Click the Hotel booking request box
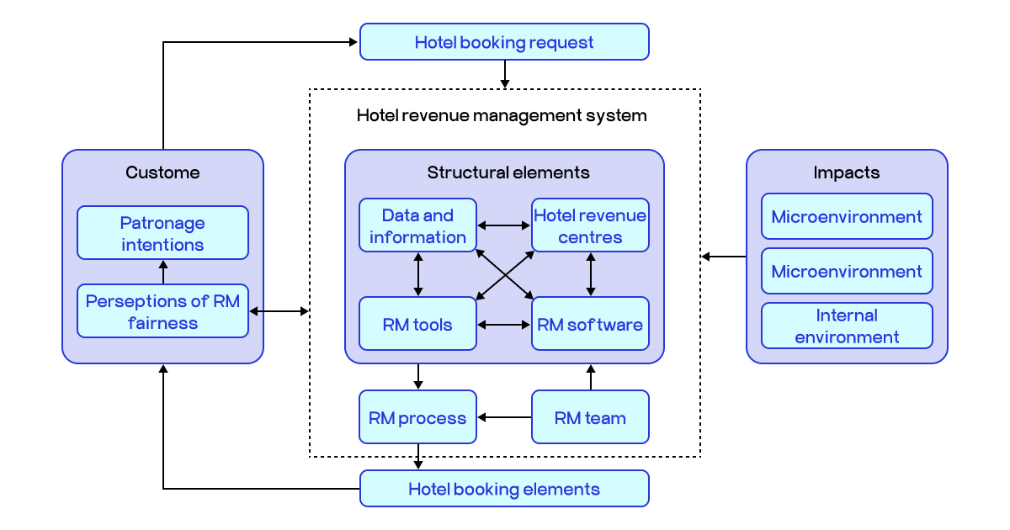[504, 42]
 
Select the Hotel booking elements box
[504, 489]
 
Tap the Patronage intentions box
[162, 233]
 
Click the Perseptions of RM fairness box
[162, 311]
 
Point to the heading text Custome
[162, 172]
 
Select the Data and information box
[417, 225]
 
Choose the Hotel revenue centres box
[590, 225]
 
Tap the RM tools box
[417, 324]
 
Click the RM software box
[590, 324]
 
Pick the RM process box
[417, 417]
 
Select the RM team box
[590, 417]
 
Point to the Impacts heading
[846, 172]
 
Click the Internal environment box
[847, 326]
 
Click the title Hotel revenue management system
[502, 115]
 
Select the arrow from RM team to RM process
[504, 417]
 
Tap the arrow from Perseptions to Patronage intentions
[163, 272]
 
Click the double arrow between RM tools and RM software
[504, 325]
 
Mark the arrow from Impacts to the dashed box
[724, 257]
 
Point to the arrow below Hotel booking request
[504, 74]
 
